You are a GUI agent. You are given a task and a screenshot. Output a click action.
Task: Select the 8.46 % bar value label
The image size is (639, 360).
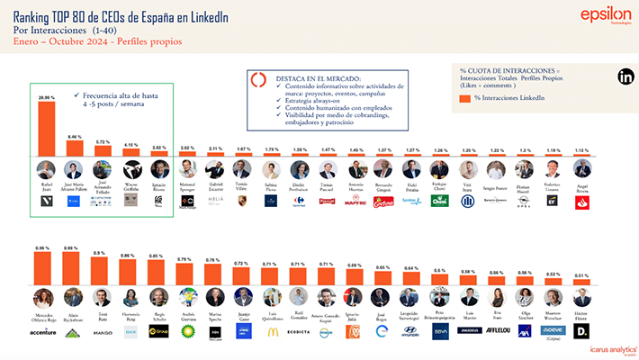(75, 137)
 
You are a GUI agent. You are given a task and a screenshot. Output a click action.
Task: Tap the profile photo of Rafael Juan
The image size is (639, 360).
(46, 168)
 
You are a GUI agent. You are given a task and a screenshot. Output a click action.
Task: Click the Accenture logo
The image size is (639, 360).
(42, 331)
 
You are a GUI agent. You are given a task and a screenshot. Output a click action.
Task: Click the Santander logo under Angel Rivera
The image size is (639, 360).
(582, 201)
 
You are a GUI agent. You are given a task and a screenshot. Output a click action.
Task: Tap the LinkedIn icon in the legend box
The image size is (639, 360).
(625, 77)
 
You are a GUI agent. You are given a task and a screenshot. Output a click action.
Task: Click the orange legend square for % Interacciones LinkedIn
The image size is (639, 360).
(464, 96)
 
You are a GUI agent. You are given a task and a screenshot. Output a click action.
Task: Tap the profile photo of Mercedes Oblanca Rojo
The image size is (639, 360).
(42, 297)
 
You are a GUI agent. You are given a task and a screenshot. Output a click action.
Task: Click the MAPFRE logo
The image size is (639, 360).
(356, 201)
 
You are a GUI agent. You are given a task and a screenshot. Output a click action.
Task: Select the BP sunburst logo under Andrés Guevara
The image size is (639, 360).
(187, 331)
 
